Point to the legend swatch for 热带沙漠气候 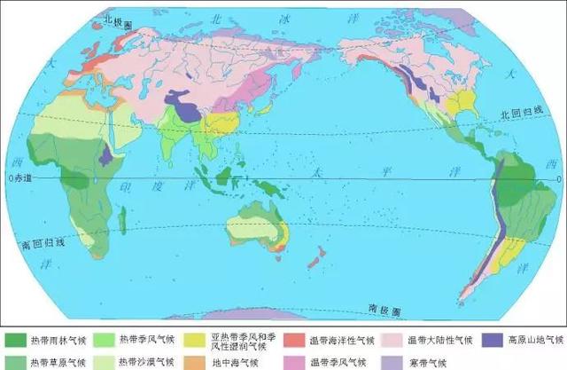click(108, 361)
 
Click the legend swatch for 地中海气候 click(201, 361)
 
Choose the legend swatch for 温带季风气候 click(296, 361)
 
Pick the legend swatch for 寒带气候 click(390, 361)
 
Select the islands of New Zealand click(312, 259)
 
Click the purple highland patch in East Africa click(107, 156)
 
